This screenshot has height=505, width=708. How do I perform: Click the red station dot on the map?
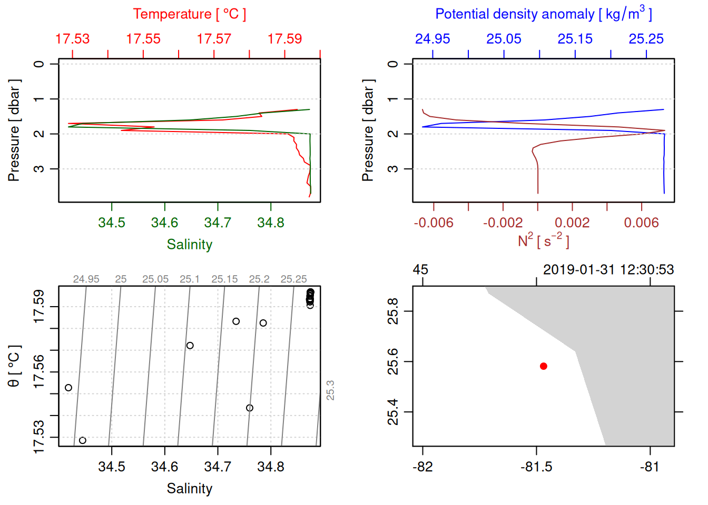tap(543, 366)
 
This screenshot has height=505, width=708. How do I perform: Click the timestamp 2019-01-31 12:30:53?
tap(608, 270)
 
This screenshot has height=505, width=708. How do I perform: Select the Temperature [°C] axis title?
tap(189, 14)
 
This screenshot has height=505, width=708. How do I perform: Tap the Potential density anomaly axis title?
tap(543, 14)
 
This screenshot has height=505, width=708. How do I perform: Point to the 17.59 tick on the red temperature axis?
tap(284, 39)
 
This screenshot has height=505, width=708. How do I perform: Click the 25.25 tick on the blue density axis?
tap(646, 39)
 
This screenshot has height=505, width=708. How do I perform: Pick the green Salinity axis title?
tap(189, 245)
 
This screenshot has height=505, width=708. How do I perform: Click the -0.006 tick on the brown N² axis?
tap(433, 223)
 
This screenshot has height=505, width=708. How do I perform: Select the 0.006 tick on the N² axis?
tap(641, 223)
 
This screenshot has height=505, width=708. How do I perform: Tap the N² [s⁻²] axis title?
tap(543, 241)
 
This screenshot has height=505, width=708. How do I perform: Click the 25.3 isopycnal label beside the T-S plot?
tap(330, 390)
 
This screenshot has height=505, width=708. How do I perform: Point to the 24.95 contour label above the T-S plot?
tap(86, 279)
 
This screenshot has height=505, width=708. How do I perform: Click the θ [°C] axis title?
tap(14, 366)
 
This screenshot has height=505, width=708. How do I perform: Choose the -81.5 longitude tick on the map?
tap(536, 467)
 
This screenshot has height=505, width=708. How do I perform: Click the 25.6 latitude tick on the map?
tap(393, 361)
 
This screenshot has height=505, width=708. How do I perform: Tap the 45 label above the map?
tap(420, 270)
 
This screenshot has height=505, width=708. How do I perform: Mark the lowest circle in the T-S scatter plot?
tap(82, 440)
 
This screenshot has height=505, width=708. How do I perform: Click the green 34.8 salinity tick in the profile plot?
tap(270, 223)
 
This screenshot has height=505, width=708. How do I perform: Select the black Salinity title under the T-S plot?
tap(189, 489)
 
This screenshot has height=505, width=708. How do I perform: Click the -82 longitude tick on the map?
tap(422, 467)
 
